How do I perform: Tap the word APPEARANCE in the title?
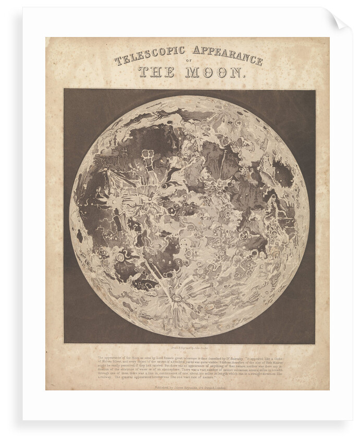[227, 54]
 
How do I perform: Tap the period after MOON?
[242, 76]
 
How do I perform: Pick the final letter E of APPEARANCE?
[259, 62]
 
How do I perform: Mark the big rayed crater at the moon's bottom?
[177, 299]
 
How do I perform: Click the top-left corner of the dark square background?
[64, 89]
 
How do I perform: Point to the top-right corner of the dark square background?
[315, 89]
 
